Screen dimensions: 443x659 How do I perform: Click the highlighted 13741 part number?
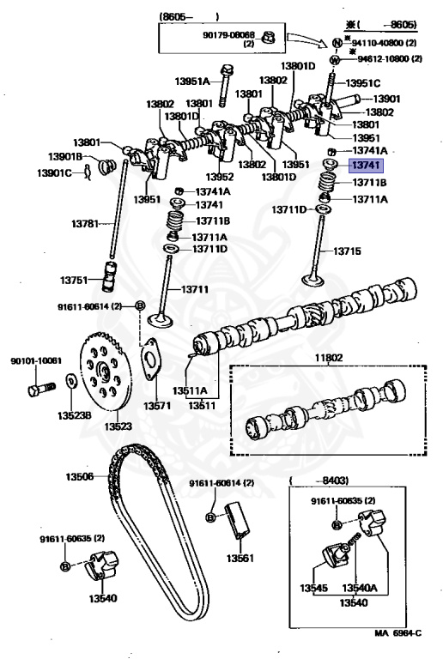click(x=366, y=165)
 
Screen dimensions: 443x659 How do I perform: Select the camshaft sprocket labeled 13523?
click(x=106, y=371)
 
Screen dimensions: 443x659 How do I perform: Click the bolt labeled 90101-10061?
click(x=41, y=389)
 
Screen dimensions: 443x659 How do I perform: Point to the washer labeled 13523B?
click(x=70, y=381)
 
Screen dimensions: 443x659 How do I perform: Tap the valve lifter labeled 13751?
click(x=109, y=276)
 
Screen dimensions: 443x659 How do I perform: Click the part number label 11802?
click(x=329, y=358)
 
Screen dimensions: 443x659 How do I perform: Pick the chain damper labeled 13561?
click(x=238, y=520)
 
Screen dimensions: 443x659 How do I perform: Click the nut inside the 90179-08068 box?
click(x=268, y=37)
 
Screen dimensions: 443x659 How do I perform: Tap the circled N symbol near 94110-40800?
click(x=337, y=42)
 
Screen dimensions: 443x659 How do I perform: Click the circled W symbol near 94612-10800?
click(x=335, y=60)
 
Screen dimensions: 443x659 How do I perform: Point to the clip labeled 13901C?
click(x=88, y=172)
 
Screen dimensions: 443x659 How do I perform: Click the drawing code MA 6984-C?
click(x=398, y=633)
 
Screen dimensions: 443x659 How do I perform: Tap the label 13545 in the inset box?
click(x=313, y=588)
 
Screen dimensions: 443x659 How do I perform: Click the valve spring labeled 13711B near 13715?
click(x=328, y=183)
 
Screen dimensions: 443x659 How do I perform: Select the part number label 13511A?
click(x=190, y=391)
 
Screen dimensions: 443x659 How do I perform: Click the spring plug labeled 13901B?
click(x=106, y=165)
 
